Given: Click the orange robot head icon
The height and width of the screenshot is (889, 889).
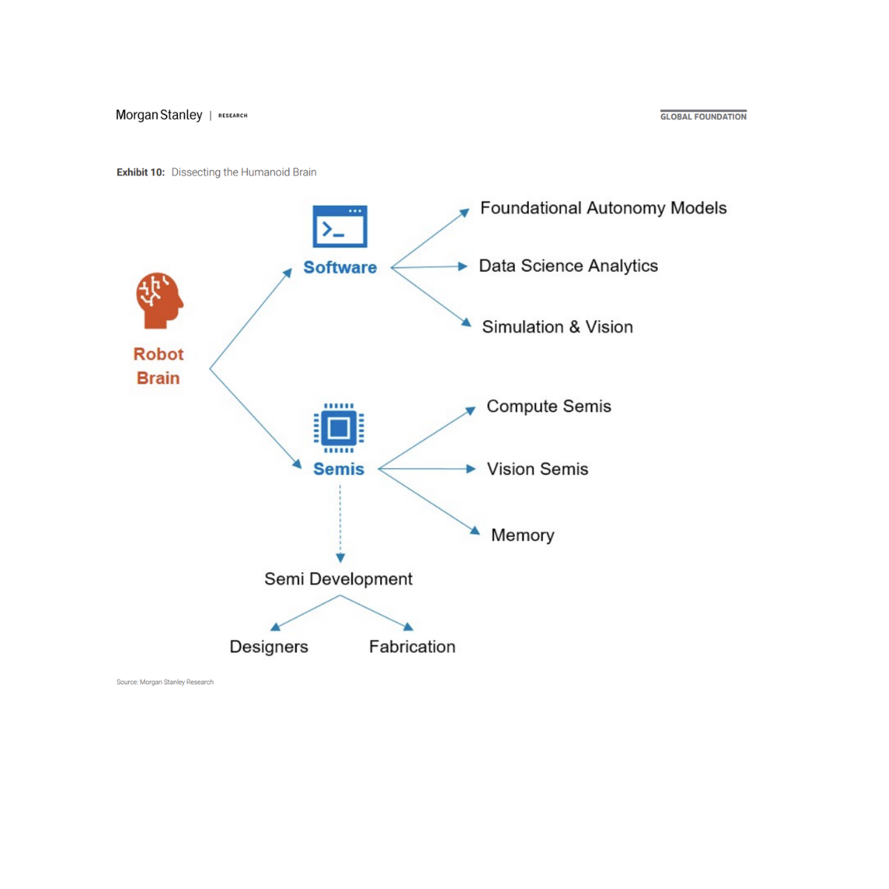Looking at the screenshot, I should click(x=159, y=300).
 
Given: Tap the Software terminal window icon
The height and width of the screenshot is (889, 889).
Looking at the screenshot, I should click(x=340, y=227).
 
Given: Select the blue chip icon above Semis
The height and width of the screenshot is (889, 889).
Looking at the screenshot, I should click(x=339, y=427).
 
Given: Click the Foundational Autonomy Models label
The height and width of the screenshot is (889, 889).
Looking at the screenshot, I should click(x=603, y=208).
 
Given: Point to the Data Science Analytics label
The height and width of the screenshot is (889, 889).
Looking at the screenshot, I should click(x=568, y=266).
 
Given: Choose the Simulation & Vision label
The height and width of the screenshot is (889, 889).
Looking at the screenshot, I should click(x=557, y=327).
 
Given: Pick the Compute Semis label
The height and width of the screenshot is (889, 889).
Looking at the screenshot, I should click(x=549, y=406).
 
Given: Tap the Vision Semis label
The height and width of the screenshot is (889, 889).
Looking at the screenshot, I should click(x=537, y=469).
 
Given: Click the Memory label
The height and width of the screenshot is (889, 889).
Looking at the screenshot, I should click(x=522, y=535).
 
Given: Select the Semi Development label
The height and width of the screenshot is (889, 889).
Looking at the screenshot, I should click(x=339, y=579).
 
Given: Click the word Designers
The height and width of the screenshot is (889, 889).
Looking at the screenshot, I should click(x=269, y=647).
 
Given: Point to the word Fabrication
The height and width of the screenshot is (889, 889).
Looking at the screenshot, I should click(x=412, y=647).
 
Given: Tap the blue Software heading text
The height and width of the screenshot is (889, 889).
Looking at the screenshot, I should click(x=340, y=267).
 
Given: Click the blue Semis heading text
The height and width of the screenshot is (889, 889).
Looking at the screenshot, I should click(x=339, y=469).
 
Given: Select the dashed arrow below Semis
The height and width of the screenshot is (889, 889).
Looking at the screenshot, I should click(x=340, y=523).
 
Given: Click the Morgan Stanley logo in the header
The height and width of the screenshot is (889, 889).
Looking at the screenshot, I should click(x=159, y=115).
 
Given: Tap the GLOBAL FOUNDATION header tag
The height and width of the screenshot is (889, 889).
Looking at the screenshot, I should click(x=703, y=116).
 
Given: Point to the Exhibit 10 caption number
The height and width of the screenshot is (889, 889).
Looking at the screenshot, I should click(x=141, y=172).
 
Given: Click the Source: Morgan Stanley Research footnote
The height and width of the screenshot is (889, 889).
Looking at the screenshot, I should click(x=164, y=682).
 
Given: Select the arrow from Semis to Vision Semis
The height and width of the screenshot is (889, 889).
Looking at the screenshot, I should click(x=427, y=469).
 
